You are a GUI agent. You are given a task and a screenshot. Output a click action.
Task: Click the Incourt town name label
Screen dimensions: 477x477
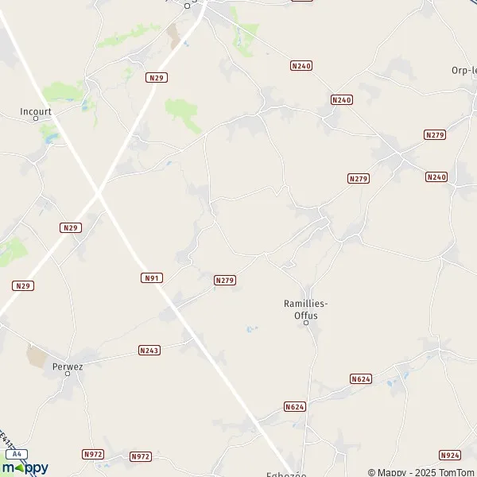coord(36,112)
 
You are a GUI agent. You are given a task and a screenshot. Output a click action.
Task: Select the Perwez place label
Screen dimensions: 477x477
coord(67,366)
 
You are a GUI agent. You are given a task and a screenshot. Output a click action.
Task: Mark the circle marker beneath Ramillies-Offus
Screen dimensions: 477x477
coord(306,322)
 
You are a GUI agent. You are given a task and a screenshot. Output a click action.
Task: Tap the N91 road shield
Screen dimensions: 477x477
coord(152,277)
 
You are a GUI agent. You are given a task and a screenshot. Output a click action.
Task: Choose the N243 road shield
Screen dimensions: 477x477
coord(149,350)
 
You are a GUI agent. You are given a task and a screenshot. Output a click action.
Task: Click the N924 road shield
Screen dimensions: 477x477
coord(449,456)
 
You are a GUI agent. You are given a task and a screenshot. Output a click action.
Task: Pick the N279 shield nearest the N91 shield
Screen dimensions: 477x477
coord(225,281)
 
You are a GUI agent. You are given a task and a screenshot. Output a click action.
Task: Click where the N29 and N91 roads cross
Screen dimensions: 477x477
coord(98,193)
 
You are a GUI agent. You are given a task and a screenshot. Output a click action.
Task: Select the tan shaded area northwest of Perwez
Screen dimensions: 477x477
coord(37,355)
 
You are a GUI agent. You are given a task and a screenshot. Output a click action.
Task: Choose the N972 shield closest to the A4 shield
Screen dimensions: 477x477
coord(93,455)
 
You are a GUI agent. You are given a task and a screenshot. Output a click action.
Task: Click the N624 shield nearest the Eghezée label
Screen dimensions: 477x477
coord(294,407)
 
